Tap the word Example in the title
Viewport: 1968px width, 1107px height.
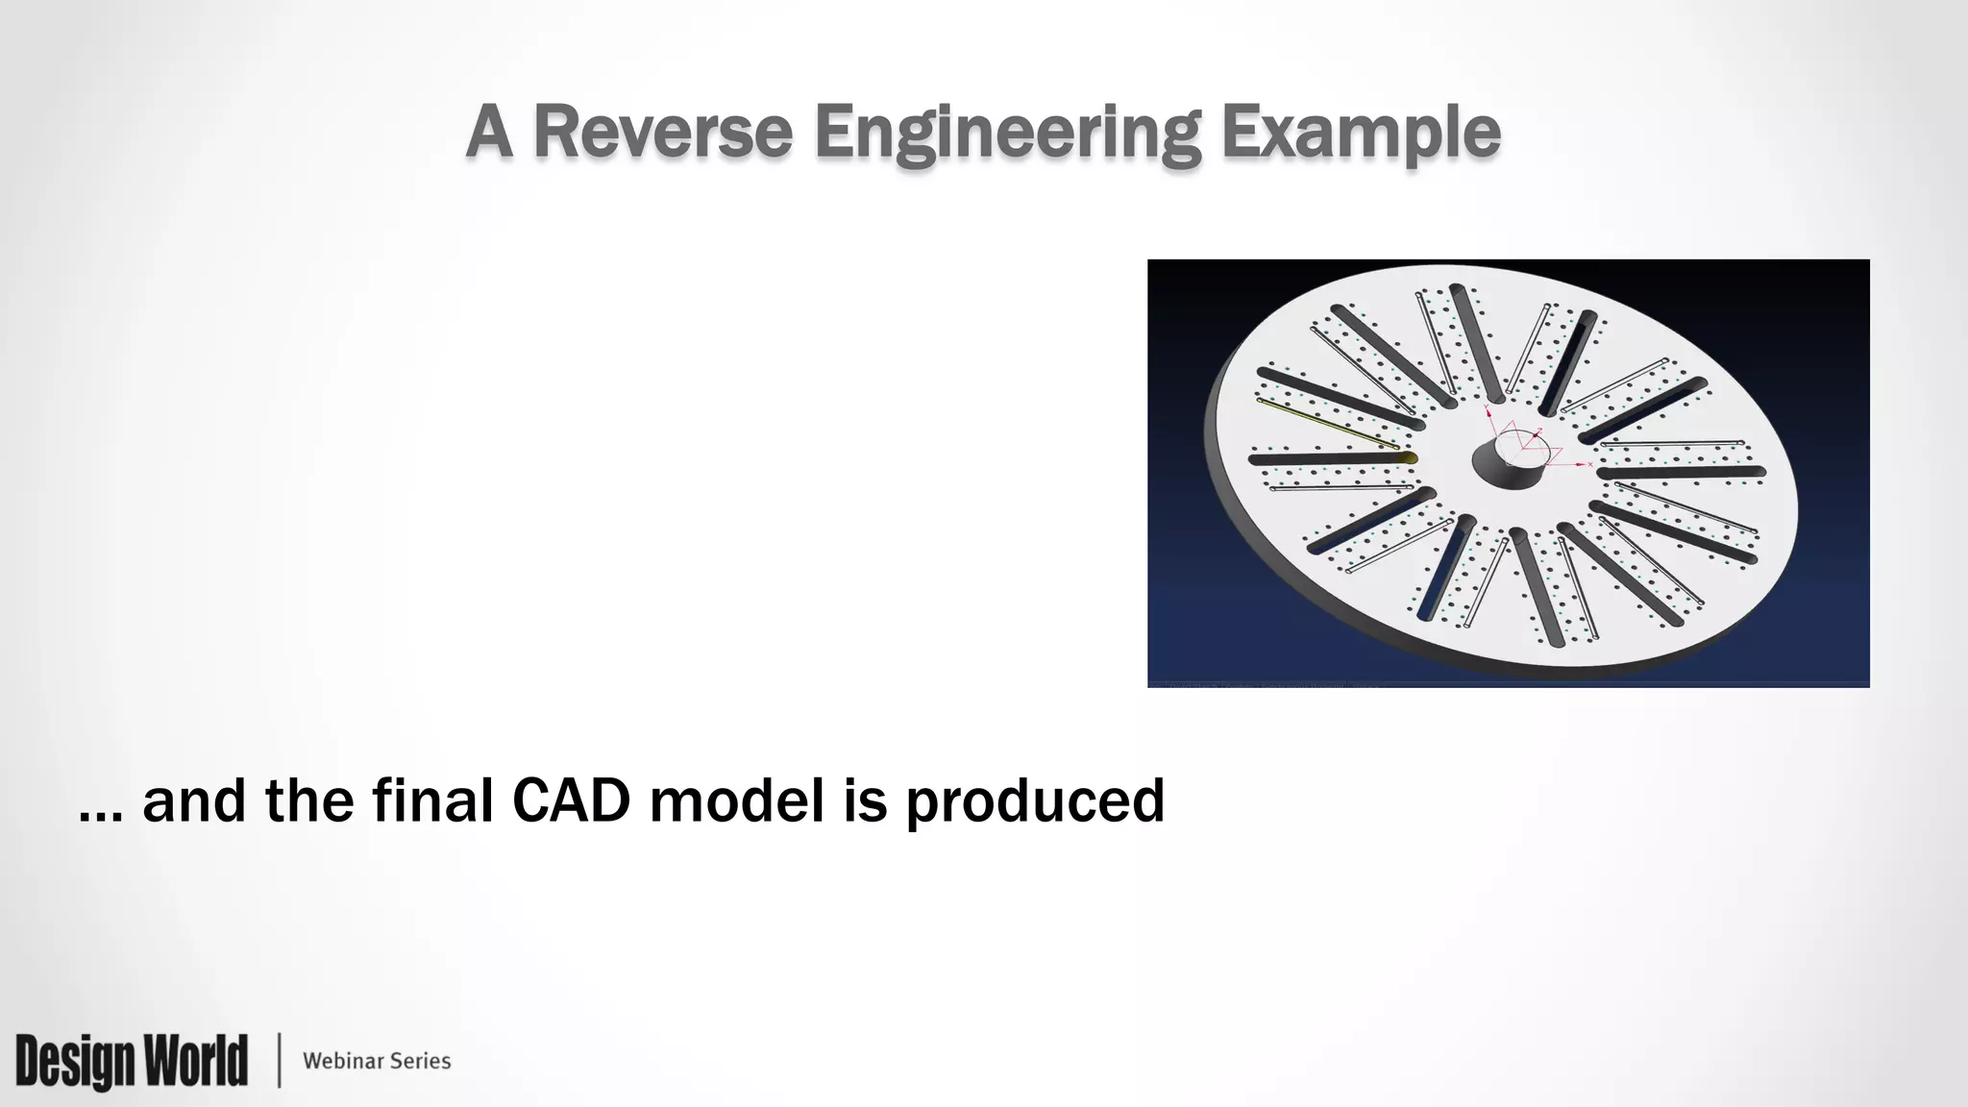point(1361,135)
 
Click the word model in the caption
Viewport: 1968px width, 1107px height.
point(736,799)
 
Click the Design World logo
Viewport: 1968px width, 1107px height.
point(131,1060)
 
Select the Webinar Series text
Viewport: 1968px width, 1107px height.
point(377,1061)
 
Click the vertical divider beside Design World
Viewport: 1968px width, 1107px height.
point(279,1060)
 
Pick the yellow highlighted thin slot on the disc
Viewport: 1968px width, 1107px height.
point(1326,424)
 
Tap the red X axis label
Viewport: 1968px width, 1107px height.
point(1590,464)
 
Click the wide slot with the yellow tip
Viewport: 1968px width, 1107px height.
point(1336,458)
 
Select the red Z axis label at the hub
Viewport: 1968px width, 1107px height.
point(1539,430)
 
